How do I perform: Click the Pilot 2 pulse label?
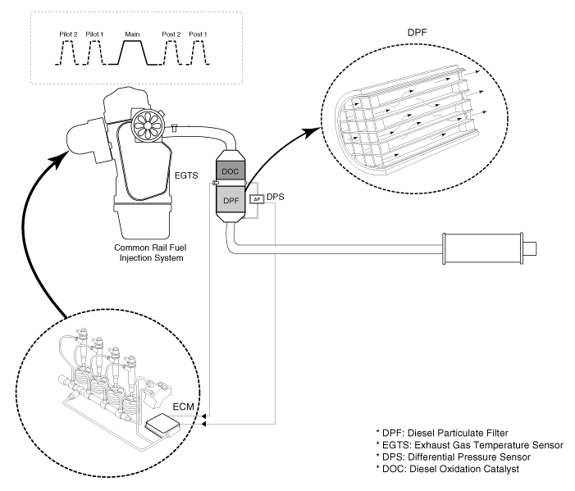coord(68,34)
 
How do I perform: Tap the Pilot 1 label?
coord(94,34)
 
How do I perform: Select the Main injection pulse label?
coord(132,34)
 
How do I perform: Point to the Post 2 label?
coord(171,34)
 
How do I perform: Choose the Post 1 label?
coord(198,34)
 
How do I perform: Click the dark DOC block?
coord(230,171)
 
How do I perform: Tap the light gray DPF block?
coord(230,200)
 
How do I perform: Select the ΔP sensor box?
coord(257,199)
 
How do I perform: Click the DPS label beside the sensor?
coord(275,197)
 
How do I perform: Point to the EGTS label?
coord(186,175)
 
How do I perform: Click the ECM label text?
coord(183,407)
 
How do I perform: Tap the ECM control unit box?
coord(162,425)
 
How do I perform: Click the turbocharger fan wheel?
coord(147,125)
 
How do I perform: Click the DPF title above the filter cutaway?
coord(417,32)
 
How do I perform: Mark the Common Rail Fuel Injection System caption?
coord(151,252)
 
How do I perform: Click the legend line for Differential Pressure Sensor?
coord(454,457)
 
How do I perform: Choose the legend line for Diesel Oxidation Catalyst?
coord(447,469)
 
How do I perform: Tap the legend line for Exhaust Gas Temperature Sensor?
coord(470,445)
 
